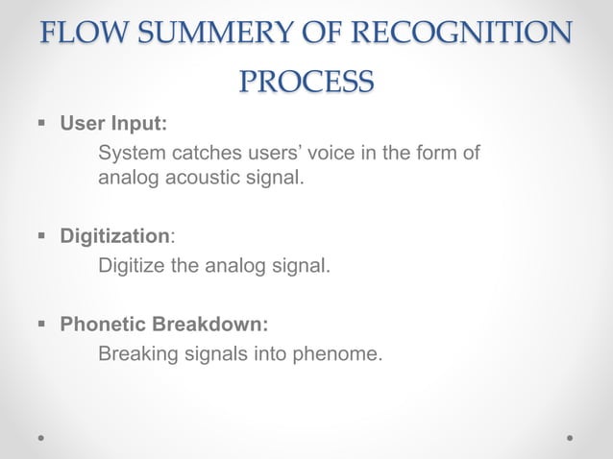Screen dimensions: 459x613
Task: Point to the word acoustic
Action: point(201,178)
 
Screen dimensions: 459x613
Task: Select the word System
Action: point(132,153)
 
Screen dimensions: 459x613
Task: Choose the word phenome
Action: point(340,353)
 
